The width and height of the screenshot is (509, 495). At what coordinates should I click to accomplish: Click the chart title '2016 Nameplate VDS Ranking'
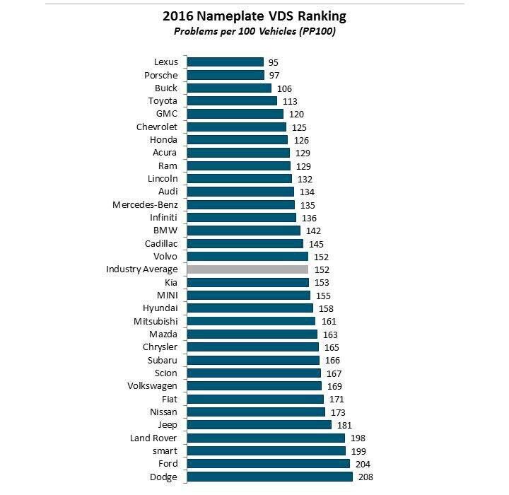(x=254, y=16)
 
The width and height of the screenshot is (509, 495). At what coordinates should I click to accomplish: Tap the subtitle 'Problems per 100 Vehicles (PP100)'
(x=254, y=32)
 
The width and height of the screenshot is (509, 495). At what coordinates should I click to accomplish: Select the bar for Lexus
(x=225, y=62)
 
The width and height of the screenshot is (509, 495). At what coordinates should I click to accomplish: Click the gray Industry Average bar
(x=247, y=269)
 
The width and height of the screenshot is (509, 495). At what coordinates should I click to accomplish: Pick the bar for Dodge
(x=269, y=477)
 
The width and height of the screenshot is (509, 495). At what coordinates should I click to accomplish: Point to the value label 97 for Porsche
(x=274, y=75)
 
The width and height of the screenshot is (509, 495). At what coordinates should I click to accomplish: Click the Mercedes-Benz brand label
(x=145, y=205)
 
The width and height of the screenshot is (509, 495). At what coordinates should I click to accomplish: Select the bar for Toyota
(x=232, y=101)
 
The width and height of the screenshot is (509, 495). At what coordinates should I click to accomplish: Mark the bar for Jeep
(x=259, y=425)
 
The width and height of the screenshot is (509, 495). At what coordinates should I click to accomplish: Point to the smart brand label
(x=164, y=450)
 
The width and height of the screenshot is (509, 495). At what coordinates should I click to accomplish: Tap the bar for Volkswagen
(x=255, y=386)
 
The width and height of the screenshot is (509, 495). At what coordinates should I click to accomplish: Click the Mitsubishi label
(x=156, y=321)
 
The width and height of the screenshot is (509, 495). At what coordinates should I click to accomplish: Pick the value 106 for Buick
(x=284, y=88)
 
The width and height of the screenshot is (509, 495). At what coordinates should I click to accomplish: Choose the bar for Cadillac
(x=245, y=243)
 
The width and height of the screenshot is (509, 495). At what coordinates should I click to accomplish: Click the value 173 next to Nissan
(x=338, y=412)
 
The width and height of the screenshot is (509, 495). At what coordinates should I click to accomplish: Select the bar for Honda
(x=237, y=140)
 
